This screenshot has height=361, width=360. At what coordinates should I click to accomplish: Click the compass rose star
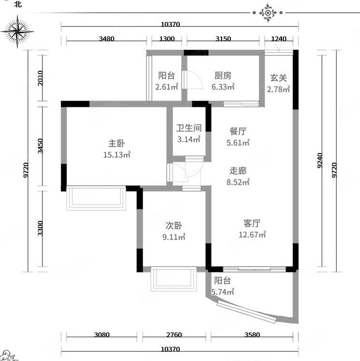coord(17,32)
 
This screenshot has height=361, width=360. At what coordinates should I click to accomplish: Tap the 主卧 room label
coord(117,143)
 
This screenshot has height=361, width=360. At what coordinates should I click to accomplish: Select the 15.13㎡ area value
coord(117,155)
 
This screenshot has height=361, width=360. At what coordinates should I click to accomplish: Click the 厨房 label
coord(223,76)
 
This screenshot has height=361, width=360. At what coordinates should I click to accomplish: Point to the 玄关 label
coord(279,78)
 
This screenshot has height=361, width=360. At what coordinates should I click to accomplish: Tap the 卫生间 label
coord(189,128)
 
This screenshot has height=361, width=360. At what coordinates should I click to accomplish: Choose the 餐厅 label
coord(238,131)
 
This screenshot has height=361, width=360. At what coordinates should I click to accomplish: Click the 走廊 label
coord(238,171)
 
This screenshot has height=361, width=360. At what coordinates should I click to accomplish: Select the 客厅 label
coord(252,223)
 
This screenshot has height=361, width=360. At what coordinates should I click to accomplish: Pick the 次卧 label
coord(174,226)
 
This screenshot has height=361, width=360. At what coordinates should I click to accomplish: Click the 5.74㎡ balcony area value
coord(223,292)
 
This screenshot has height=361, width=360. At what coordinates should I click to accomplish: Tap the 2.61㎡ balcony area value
coord(167,87)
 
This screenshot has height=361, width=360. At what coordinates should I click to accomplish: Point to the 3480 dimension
coord(107,39)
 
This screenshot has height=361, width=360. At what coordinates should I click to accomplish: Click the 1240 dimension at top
coord(279,39)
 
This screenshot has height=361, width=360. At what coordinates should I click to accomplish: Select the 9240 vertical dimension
coord(320,160)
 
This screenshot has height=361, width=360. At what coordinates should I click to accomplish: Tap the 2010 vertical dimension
coord(40,78)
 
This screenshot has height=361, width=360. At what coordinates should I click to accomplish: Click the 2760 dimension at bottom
coord(174,335)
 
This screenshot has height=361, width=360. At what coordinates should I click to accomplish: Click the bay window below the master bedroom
coord(96,198)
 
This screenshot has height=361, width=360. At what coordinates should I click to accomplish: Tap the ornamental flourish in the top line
coord(267,13)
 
